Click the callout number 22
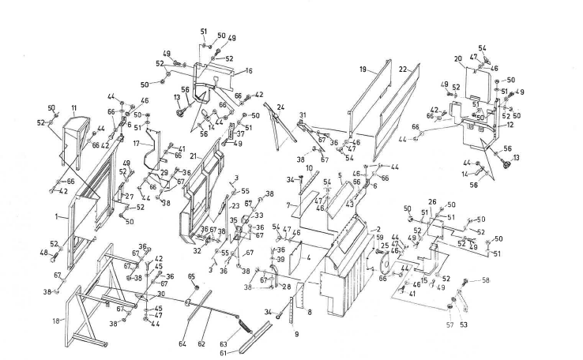(402, 69)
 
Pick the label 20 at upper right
(457, 58)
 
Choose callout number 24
(280, 107)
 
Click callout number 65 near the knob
(190, 276)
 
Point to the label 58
(486, 280)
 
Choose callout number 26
(432, 202)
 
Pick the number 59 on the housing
(379, 237)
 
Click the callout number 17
(136, 144)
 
